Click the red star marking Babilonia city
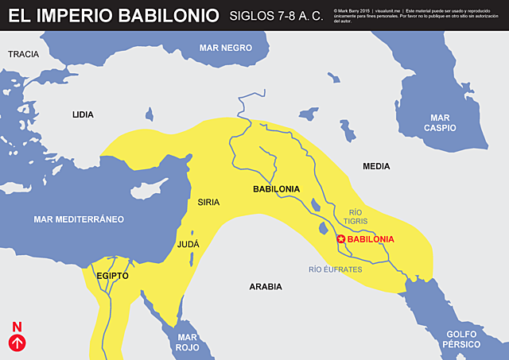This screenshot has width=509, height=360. click(341, 239)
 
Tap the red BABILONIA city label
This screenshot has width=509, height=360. click(371, 239)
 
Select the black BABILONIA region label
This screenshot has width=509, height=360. click(276, 189)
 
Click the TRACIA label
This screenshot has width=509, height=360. click(23, 54)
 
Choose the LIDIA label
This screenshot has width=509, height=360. click(83, 114)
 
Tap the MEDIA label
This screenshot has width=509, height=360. click(377, 167)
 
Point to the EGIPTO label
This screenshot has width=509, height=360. click(112, 275)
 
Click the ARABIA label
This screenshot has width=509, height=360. click(266, 286)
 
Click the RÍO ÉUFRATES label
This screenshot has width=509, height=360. click(336, 269)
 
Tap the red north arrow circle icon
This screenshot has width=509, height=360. click(17, 343)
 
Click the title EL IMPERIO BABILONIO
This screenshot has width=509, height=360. click(111, 15)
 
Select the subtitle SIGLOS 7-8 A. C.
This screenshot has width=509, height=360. click(276, 16)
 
